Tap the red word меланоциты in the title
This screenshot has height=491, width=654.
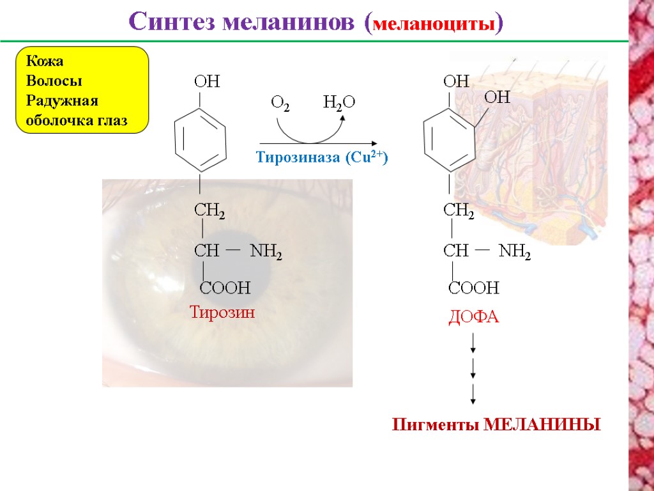click(x=434, y=26)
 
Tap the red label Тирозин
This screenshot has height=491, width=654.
click(x=222, y=312)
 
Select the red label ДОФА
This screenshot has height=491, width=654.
click(x=473, y=317)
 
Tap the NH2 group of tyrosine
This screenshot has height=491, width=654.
click(x=266, y=253)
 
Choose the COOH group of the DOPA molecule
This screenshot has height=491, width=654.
click(x=473, y=288)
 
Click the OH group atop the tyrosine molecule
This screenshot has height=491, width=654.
click(x=206, y=82)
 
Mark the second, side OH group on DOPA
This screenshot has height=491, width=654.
click(x=497, y=98)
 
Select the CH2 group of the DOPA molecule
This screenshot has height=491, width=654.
click(x=459, y=210)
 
